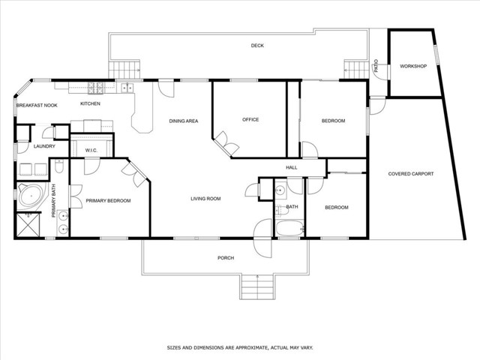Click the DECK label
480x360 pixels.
click(x=257, y=46)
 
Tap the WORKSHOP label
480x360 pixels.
click(x=413, y=66)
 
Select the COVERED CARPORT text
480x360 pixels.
click(x=411, y=174)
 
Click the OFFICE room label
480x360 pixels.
click(x=250, y=120)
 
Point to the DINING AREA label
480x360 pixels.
click(x=183, y=121)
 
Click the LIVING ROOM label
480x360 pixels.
click(x=205, y=199)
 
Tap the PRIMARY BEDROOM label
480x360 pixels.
click(x=108, y=201)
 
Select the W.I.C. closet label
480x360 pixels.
click(x=91, y=150)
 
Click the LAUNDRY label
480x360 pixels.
click(x=44, y=146)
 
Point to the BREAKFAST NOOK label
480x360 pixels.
click(x=37, y=105)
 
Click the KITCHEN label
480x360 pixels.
click(x=90, y=103)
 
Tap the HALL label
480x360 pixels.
click(x=292, y=167)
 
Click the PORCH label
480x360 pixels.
click(x=226, y=258)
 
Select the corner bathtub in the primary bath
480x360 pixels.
click(x=31, y=195)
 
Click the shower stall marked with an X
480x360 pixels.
click(x=28, y=225)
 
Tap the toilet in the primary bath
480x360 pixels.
click(x=59, y=166)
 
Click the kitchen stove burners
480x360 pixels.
click(x=95, y=88)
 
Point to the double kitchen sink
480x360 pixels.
click(x=127, y=88)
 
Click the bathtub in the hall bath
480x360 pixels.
click(x=289, y=228)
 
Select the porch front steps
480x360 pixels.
click(x=257, y=287)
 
